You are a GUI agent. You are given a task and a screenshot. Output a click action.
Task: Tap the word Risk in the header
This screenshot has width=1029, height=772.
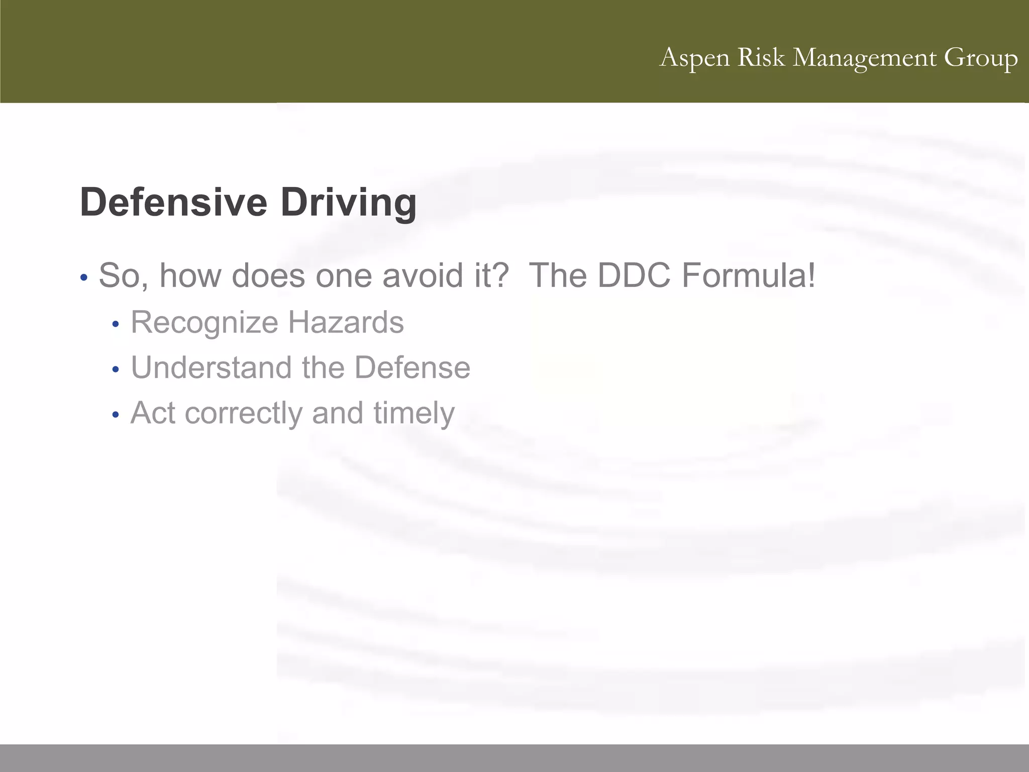[761, 57]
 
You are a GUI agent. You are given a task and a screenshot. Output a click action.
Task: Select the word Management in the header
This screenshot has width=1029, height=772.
[865, 58]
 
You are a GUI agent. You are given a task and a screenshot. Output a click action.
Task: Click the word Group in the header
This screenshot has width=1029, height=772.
[981, 58]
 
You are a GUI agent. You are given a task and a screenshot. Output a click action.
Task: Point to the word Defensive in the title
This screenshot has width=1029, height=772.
[173, 202]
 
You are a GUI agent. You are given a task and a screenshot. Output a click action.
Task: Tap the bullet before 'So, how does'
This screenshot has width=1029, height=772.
[84, 277]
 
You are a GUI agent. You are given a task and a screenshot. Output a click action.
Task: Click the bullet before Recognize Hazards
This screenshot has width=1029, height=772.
[116, 325]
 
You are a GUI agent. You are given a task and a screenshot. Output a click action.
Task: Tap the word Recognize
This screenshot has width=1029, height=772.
[204, 323]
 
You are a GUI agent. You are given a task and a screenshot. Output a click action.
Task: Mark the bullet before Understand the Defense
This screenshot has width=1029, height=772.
[116, 370]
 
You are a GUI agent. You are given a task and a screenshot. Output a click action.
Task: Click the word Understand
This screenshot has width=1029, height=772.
[211, 367]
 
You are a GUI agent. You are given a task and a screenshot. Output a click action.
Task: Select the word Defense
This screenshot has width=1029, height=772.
[412, 367]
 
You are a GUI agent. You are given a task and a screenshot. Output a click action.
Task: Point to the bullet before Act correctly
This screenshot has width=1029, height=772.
[116, 415]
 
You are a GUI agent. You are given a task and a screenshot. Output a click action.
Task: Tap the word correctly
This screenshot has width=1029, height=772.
[243, 413]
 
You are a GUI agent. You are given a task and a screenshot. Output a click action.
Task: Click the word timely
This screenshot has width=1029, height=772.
[414, 413]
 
